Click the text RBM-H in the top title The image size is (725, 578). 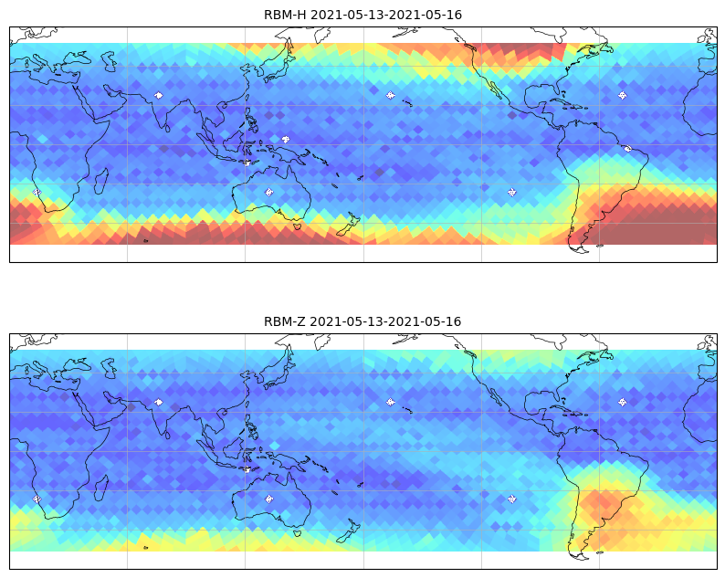point(285,15)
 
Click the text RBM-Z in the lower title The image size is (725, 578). point(285,321)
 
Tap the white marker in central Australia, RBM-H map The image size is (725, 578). point(269,192)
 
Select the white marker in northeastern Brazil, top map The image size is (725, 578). point(627,149)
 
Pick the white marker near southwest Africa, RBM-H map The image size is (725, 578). point(37,192)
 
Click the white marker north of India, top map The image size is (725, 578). point(159,95)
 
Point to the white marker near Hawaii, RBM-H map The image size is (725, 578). point(391,95)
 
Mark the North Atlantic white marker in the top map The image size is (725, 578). point(623,95)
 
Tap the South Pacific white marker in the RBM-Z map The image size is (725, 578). point(512,499)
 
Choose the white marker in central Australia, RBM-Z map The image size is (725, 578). point(269,499)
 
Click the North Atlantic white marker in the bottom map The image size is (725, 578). point(623,402)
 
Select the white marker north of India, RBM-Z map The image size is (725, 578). point(159,402)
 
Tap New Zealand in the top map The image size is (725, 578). point(349,225)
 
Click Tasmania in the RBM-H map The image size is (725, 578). point(298,226)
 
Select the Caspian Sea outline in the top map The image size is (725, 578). point(110,61)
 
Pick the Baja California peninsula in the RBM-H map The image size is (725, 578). point(496,89)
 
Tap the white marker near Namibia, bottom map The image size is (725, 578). point(37,499)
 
